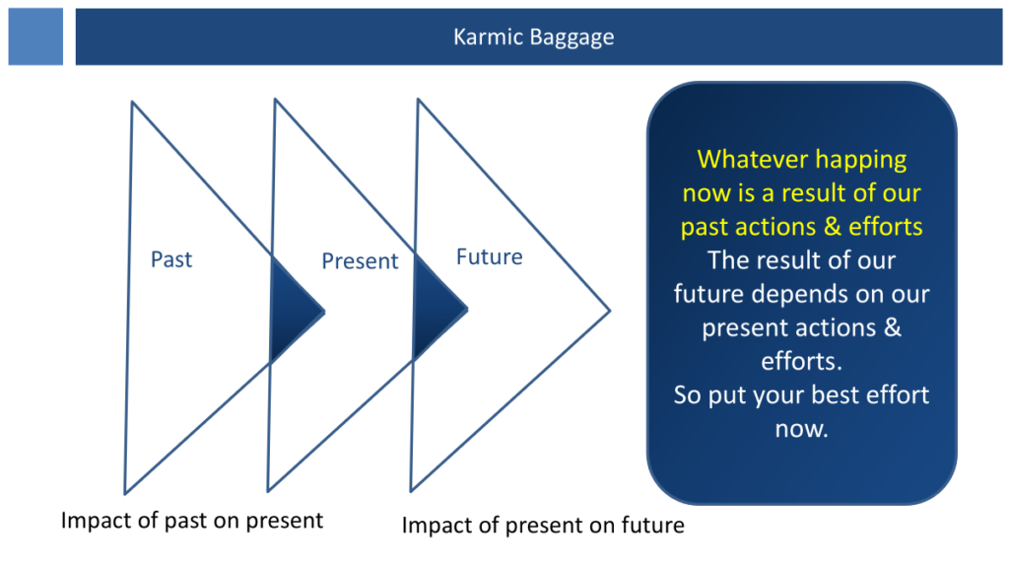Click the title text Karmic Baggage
(x=533, y=37)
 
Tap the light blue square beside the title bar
(x=35, y=36)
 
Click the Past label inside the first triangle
(x=171, y=259)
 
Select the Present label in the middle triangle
(x=360, y=260)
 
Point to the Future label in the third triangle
(x=489, y=257)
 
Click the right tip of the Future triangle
(x=609, y=311)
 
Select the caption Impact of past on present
(x=192, y=521)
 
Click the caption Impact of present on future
(x=543, y=526)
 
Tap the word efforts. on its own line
(x=801, y=361)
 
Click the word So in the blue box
(x=687, y=395)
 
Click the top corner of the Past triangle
(x=132, y=102)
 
